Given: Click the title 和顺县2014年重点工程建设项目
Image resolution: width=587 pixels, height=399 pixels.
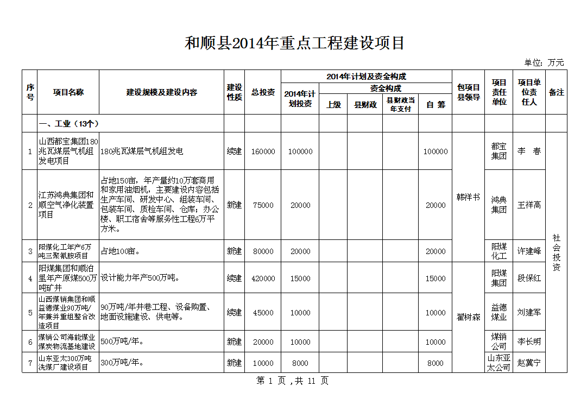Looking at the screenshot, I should click(x=295, y=43).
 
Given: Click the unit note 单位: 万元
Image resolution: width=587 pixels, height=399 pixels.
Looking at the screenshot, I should click(x=544, y=63).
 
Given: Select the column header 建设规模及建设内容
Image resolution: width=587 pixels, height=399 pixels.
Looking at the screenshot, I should click(x=162, y=92).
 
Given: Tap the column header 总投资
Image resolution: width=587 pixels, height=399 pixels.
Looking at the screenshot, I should click(x=263, y=92).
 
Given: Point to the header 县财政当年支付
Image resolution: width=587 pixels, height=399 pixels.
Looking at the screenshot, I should click(x=400, y=104).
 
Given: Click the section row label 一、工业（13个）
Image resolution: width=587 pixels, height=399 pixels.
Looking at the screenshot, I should click(x=68, y=123).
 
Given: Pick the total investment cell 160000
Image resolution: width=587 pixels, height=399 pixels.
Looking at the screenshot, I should click(x=263, y=151).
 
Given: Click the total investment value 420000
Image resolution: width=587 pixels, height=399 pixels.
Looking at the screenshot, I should click(x=263, y=278).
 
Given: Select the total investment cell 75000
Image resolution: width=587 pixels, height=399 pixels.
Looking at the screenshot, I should click(x=263, y=205).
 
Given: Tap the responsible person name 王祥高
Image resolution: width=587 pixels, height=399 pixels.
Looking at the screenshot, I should click(x=529, y=205).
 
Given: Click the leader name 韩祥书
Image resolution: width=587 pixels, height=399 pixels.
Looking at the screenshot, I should click(x=468, y=198).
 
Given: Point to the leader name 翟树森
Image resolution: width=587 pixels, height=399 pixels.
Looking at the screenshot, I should click(x=468, y=317).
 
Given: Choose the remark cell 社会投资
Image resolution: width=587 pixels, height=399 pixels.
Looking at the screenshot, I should click(x=556, y=252).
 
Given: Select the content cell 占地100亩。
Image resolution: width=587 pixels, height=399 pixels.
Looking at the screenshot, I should click(x=121, y=251).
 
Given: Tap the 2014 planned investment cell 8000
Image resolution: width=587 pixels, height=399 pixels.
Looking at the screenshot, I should click(x=300, y=363).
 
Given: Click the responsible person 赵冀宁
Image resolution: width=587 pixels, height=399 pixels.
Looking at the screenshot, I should click(x=529, y=363).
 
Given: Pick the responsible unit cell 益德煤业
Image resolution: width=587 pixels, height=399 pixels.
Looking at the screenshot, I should click(x=499, y=312).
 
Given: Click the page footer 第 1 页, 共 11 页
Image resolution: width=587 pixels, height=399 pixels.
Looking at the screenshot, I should click(x=292, y=381).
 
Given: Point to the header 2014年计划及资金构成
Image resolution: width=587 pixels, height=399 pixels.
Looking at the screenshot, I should click(x=367, y=77).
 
